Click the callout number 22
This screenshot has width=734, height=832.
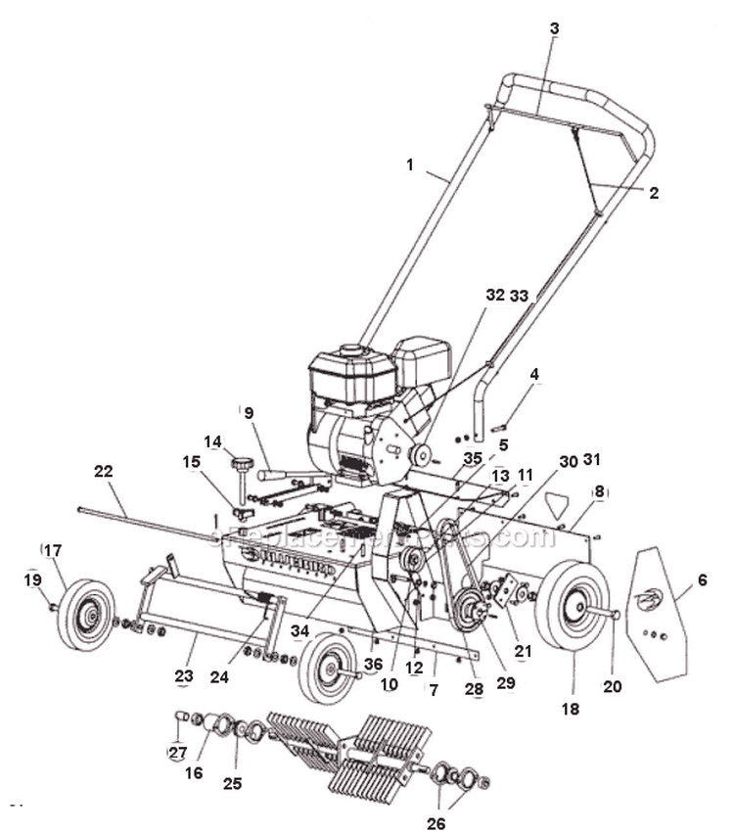(104, 472)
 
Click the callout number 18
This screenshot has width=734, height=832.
(571, 708)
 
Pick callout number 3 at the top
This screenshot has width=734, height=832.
(554, 29)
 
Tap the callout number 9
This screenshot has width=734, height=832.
(249, 412)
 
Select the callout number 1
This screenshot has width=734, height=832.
(410, 165)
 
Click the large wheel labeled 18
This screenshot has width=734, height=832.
(572, 607)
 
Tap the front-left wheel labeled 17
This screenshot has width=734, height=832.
(87, 614)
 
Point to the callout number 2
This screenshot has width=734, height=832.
(654, 193)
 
